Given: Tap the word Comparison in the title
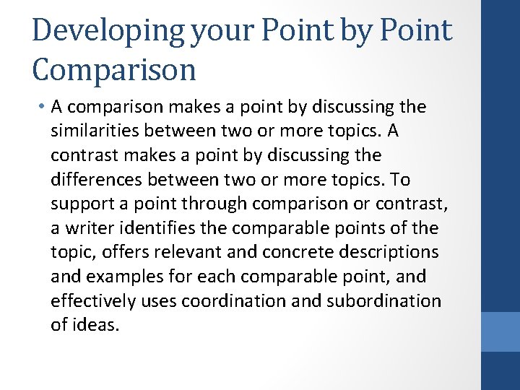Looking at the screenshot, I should pos(114,69).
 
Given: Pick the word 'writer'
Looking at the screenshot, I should pos(88,228).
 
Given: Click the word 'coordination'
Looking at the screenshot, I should pos(235,300).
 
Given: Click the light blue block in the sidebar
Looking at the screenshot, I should pos(500,331).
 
